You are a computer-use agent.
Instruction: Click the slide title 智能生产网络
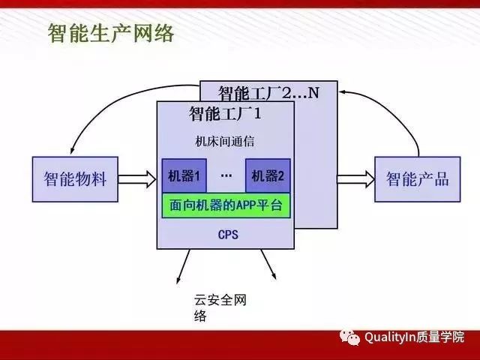111,34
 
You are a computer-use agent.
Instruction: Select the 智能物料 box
75,178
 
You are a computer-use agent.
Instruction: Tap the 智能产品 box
417,178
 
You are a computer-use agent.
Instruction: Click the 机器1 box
184,176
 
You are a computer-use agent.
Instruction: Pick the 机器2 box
268,176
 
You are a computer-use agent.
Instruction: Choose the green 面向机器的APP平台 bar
226,205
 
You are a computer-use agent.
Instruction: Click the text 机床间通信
225,141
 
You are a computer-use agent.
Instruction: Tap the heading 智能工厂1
225,114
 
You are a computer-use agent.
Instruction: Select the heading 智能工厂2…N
268,93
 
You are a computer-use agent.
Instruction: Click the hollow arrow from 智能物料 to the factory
137,178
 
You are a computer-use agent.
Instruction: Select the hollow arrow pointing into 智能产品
354,178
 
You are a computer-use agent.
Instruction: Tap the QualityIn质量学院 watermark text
414,337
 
